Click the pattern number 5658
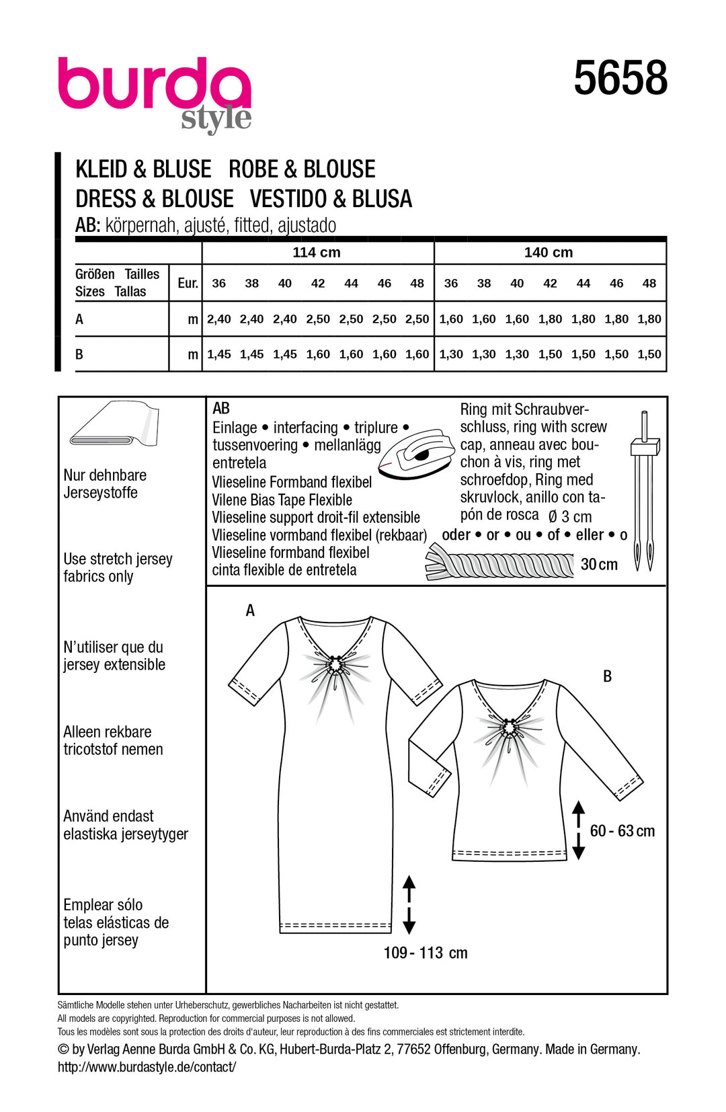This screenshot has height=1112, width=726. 620,79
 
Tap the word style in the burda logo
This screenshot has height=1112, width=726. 216,118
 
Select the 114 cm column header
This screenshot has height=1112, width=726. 317,253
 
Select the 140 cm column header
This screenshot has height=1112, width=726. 549,253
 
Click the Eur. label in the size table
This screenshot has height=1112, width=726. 188,284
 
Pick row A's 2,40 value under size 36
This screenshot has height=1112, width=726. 219,319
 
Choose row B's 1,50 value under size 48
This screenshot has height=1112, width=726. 649,354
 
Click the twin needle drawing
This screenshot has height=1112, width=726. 645,491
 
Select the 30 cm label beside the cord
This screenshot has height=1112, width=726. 599,565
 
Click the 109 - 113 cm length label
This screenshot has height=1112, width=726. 425,953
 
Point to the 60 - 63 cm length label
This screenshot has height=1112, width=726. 622,831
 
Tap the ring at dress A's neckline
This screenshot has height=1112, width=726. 335,666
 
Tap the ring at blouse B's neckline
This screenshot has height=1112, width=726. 510,728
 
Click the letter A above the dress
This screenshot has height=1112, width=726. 250,610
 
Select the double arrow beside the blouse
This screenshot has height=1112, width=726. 578,830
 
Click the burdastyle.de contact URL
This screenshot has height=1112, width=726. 147,1067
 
